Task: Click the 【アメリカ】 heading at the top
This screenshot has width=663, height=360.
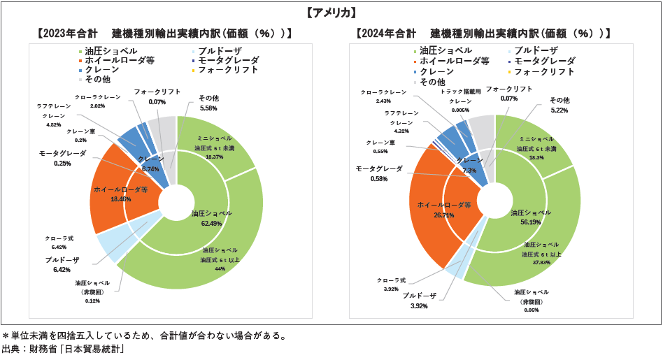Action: click(331, 13)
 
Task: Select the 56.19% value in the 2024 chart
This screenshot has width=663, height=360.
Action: click(531, 222)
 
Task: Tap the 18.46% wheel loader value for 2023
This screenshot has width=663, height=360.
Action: click(121, 199)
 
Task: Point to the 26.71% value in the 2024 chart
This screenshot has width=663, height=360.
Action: click(444, 215)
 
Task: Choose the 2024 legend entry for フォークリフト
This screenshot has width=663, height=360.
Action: click(543, 71)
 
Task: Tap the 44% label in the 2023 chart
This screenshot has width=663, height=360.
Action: click(220, 268)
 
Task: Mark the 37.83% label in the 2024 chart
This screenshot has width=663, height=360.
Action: click(542, 264)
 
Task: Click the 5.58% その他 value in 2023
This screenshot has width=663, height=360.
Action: click(208, 108)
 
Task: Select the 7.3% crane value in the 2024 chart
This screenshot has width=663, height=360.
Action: click(469, 171)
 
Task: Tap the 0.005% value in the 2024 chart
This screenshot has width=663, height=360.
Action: click(460, 110)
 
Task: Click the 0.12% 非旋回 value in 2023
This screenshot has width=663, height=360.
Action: click(93, 301)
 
